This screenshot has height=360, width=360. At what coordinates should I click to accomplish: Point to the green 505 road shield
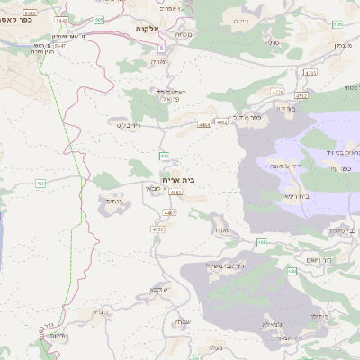click(x=98, y=19)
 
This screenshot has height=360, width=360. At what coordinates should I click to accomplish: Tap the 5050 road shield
click(x=33, y=13)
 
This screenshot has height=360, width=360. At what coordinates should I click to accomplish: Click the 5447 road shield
click(x=60, y=44)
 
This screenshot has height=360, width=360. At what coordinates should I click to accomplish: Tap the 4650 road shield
click(x=158, y=229)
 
